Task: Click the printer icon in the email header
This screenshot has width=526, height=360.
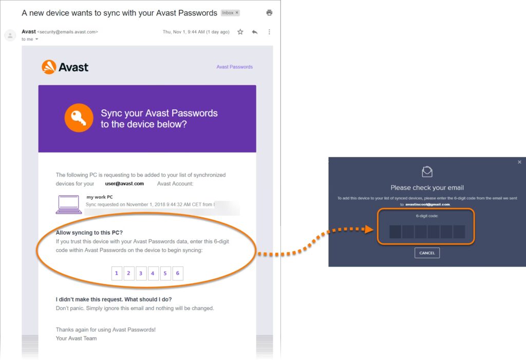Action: pyautogui.click(x=269, y=13)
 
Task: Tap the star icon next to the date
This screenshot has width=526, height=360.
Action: pyautogui.click(x=240, y=32)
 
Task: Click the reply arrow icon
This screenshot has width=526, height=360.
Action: pyautogui.click(x=255, y=32)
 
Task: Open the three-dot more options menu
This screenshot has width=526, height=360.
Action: pyautogui.click(x=269, y=32)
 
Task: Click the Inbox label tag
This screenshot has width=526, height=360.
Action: pyautogui.click(x=230, y=13)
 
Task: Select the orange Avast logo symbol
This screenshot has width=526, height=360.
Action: pyautogui.click(x=49, y=67)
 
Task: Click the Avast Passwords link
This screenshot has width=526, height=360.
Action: pyautogui.click(x=234, y=67)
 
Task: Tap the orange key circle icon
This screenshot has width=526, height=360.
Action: pyautogui.click(x=79, y=118)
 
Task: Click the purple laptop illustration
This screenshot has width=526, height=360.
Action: pyautogui.click(x=69, y=204)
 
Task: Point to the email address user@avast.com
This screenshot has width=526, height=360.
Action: pyautogui.click(x=124, y=183)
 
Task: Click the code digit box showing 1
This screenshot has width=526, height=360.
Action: pyautogui.click(x=117, y=273)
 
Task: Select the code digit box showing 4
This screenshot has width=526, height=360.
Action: pyautogui.click(x=153, y=273)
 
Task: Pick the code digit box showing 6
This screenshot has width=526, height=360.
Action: pyautogui.click(x=178, y=273)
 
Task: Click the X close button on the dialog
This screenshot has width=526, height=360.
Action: pyautogui.click(x=520, y=162)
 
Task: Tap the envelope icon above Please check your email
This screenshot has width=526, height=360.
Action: pyautogui.click(x=427, y=172)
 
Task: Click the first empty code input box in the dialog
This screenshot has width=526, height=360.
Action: pyautogui.click(x=395, y=232)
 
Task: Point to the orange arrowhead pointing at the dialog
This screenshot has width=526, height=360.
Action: pyautogui.click(x=369, y=229)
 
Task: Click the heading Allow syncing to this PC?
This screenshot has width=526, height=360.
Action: pyautogui.click(x=89, y=233)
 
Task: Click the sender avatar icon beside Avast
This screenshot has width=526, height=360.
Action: pyautogui.click(x=10, y=35)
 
